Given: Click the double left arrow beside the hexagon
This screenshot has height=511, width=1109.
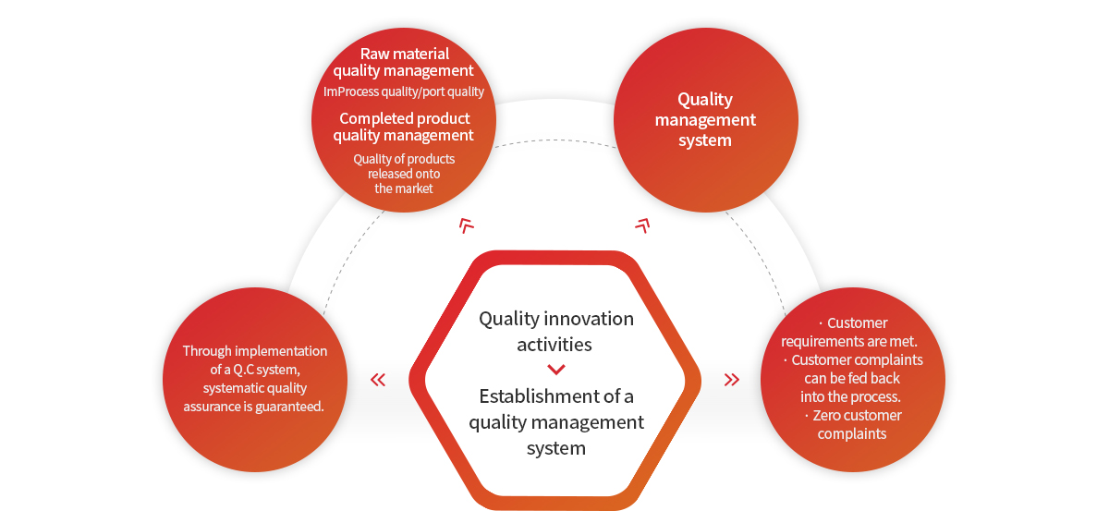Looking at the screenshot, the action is coord(378,380).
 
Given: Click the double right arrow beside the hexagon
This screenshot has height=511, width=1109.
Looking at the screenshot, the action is coord(732,380).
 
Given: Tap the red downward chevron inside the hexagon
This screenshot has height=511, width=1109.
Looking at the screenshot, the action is coord(556,370).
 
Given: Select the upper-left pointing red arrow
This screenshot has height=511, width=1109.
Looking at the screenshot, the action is coord(466,225).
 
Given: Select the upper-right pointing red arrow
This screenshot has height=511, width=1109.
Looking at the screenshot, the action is coord(642,225).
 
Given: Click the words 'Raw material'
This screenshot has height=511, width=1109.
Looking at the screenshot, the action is coord(405,54).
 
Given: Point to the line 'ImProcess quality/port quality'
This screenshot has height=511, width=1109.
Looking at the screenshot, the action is coord(404,91).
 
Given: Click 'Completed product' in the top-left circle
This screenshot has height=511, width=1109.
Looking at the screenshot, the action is coord(405,118).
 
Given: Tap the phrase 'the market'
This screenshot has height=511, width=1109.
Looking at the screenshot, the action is coord(404,189).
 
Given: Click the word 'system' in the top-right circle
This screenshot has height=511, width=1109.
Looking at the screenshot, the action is coord(705,140).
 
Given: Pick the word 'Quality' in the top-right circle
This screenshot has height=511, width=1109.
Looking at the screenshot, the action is coord(705,100).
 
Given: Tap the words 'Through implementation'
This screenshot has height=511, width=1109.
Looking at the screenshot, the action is coord(255,351).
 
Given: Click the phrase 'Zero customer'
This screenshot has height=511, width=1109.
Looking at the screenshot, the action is coord(857,416).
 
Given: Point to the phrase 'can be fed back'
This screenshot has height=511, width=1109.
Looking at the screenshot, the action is coord(852,378).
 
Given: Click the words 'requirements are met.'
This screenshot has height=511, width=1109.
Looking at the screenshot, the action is coord(849,341).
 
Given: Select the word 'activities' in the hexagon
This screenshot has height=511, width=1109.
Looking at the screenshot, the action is coord(554,345).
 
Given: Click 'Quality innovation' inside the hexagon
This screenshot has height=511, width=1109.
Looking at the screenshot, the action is coord(556,320).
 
